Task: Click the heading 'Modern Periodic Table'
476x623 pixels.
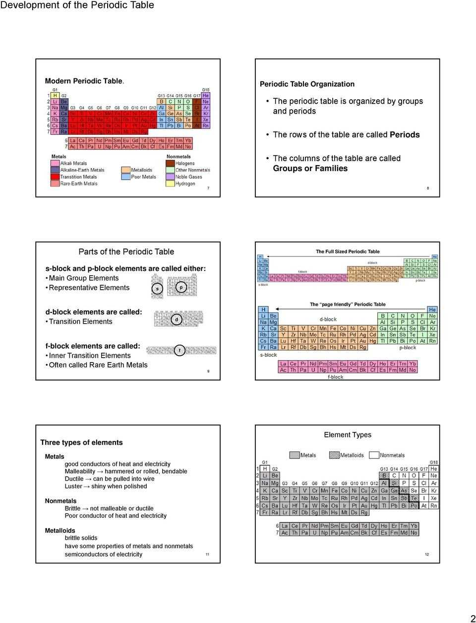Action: [x=83, y=81]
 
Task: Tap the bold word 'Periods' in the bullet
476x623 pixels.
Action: [x=405, y=134]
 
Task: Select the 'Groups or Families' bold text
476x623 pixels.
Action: [x=310, y=168]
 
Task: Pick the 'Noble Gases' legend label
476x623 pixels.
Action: [x=188, y=177]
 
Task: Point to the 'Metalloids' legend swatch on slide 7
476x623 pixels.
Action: [x=125, y=170]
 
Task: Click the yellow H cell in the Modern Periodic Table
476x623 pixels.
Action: [x=55, y=95]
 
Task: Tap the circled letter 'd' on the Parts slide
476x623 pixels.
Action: [x=177, y=319]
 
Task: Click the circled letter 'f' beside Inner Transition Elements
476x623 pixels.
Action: [x=179, y=351]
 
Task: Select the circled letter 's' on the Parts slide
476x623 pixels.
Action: [x=158, y=288]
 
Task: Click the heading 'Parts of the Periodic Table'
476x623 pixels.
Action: [x=126, y=251]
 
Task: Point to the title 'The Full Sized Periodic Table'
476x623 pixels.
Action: [x=348, y=251]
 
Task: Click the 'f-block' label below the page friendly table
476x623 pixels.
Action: [x=335, y=377]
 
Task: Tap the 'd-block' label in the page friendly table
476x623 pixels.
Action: [x=328, y=319]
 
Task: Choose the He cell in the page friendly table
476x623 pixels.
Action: [x=432, y=310]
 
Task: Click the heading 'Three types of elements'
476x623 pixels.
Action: [x=81, y=442]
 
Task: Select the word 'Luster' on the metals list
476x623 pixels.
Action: [x=73, y=486]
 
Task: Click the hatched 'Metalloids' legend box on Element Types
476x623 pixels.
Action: [x=334, y=455]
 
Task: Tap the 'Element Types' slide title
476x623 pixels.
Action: [x=348, y=435]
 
